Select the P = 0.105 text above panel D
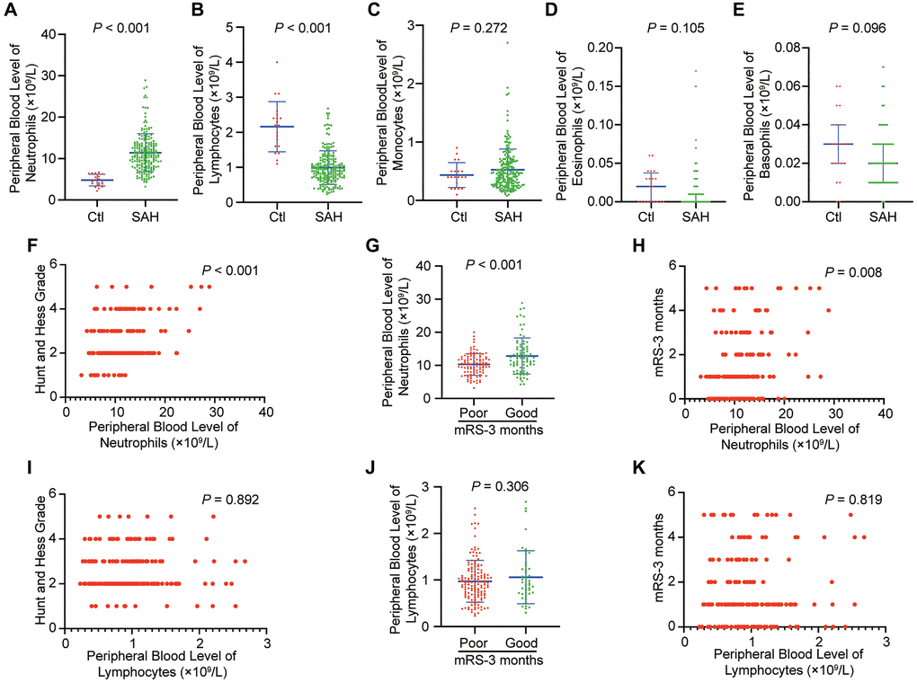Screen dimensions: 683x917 pos(683,28)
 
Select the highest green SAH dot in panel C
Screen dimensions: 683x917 pos(508,42)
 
